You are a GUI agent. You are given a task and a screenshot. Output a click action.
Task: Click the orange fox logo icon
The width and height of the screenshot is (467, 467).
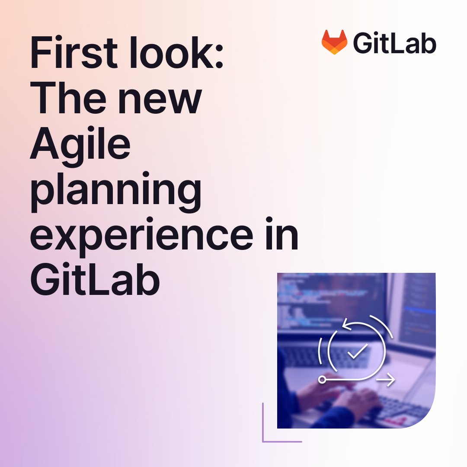[x=334, y=42]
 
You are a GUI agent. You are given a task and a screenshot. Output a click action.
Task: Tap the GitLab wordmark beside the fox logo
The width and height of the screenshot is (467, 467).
[x=395, y=43]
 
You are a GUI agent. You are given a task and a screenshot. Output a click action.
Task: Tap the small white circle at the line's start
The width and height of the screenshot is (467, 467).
[x=322, y=380]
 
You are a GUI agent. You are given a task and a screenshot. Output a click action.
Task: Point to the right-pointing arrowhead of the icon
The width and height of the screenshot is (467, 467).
[x=391, y=380]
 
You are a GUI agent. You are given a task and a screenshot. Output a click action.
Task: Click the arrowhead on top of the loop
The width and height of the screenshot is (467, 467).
[x=346, y=325]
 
